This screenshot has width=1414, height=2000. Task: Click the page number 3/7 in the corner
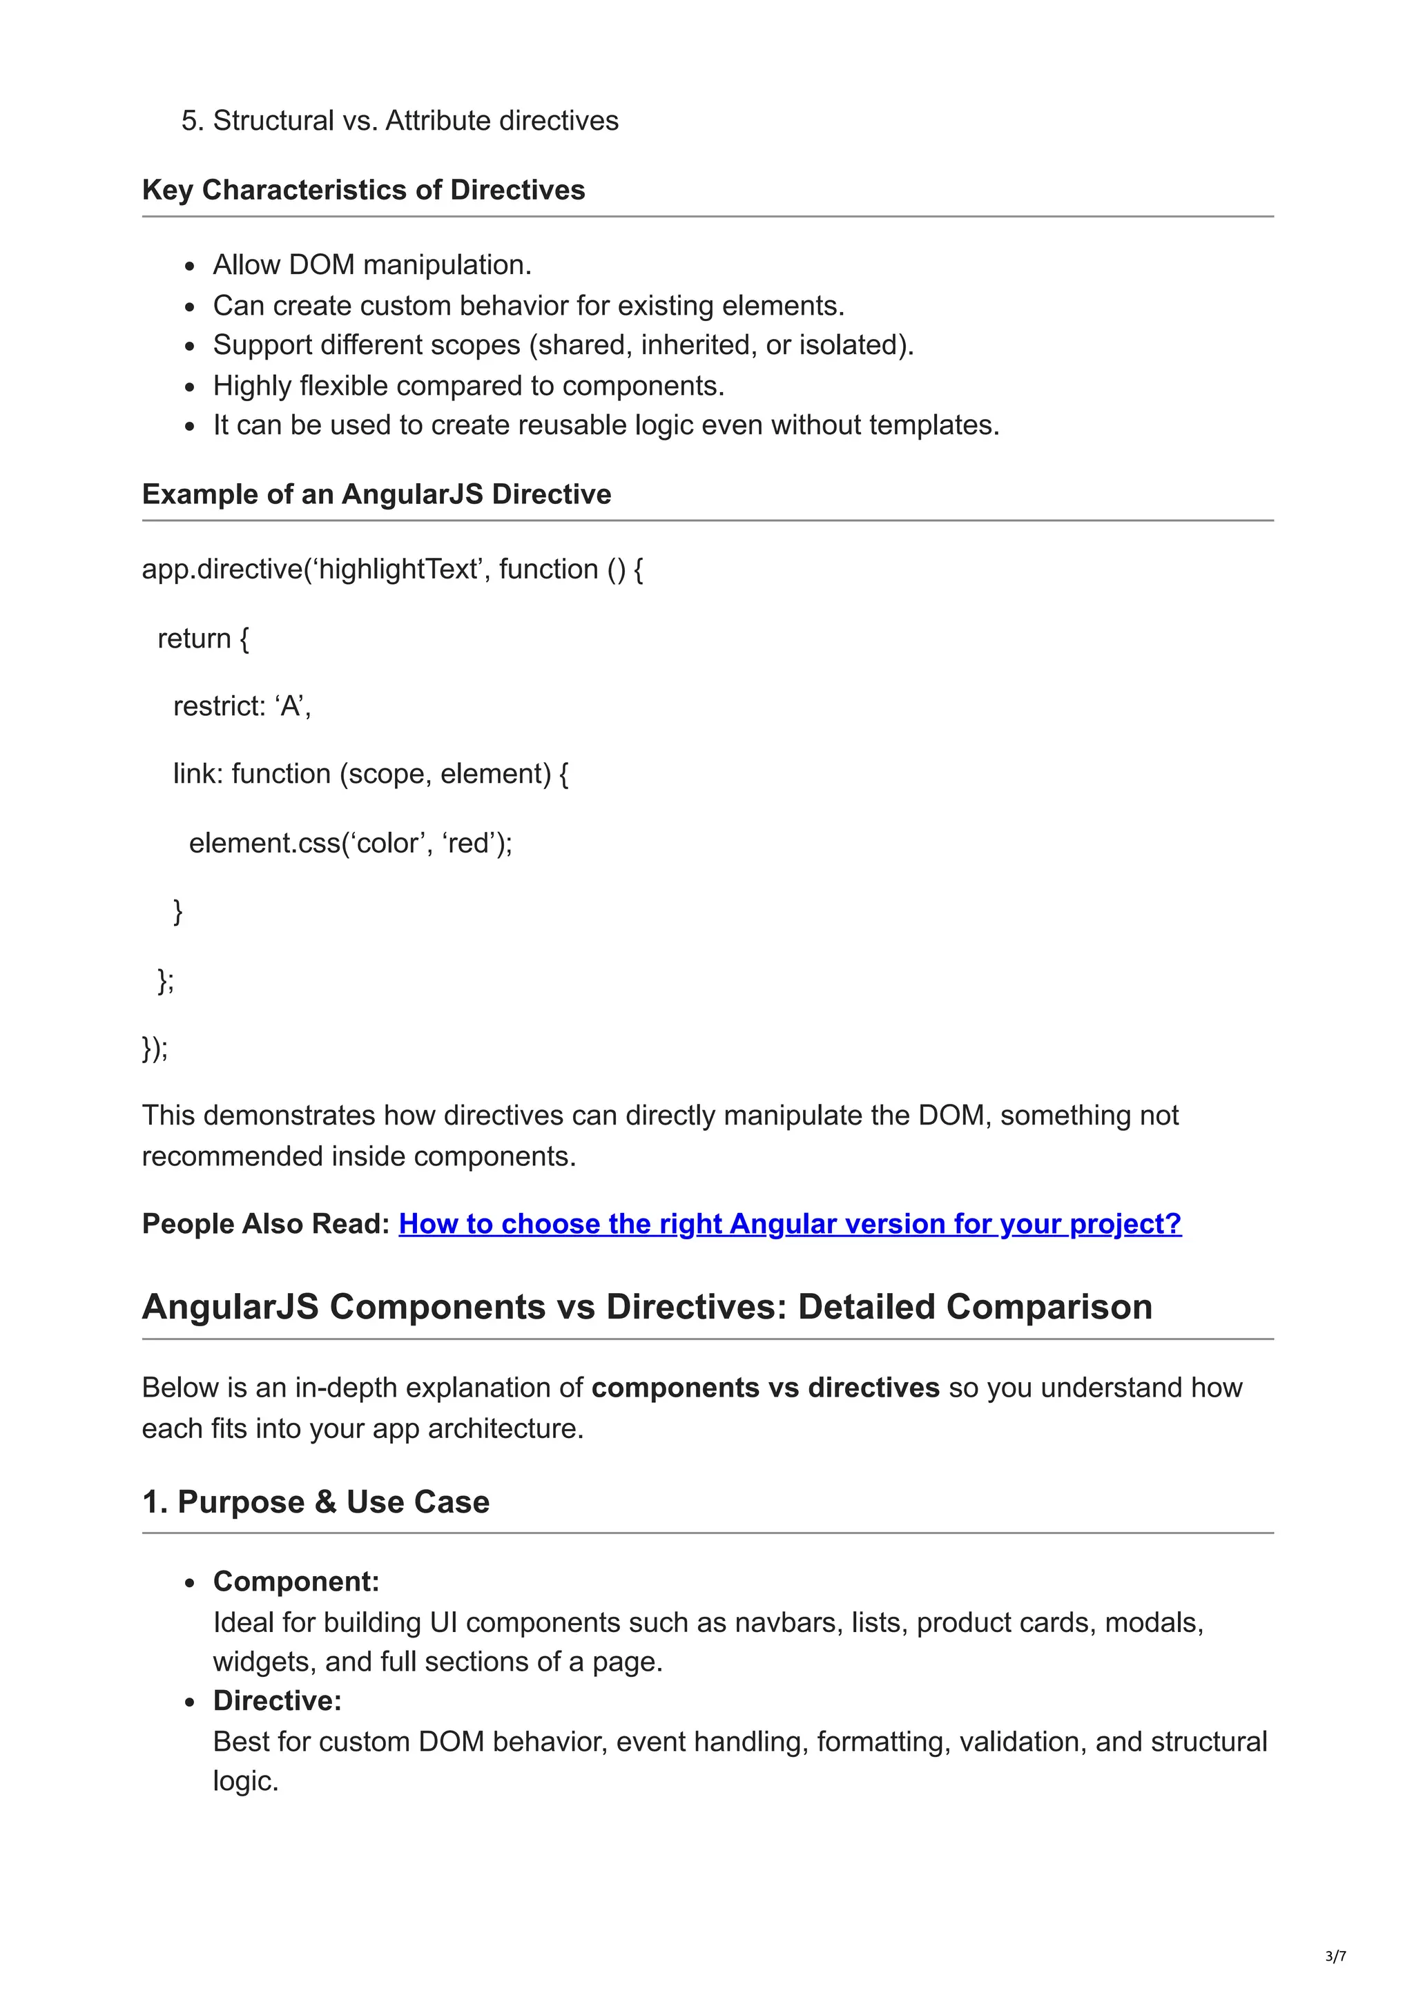pos(1335,1956)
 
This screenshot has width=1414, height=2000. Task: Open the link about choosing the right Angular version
pos(789,1224)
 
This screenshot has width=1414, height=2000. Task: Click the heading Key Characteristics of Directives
pos(363,190)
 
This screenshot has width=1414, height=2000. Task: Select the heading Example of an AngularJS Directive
pos(376,494)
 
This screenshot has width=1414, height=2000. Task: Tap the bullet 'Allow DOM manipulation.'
pos(372,265)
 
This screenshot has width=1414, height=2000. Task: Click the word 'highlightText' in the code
pos(398,570)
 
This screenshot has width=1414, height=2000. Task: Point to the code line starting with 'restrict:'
pos(242,706)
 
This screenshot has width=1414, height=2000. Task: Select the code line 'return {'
pos(203,639)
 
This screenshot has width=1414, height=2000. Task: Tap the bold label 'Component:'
pos(296,1581)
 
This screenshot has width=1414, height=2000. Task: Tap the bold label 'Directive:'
pos(277,1700)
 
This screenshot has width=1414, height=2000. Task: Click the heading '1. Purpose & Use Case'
pos(316,1502)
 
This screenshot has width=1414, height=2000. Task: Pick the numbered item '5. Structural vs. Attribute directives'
pos(400,120)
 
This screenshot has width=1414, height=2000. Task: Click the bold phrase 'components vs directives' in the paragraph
pos(765,1388)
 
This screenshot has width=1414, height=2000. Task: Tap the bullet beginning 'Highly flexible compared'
pos(469,385)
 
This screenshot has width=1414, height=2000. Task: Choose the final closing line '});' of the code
pos(155,1048)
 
